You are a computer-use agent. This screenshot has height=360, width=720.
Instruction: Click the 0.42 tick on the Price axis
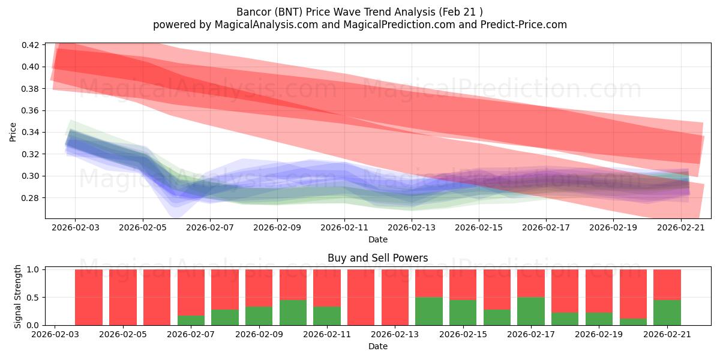click(x=30, y=45)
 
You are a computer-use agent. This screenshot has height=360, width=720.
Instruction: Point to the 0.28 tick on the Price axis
click(x=30, y=198)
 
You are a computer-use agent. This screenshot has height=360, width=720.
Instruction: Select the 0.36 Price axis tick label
click(x=30, y=110)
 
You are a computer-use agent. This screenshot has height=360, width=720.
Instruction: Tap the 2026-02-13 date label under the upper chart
click(x=412, y=227)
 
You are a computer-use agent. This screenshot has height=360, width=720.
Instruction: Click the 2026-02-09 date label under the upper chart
click(x=277, y=227)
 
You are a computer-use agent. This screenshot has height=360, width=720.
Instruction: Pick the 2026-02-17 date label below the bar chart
click(x=531, y=334)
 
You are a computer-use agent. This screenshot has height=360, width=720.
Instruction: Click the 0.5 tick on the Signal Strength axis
click(x=33, y=298)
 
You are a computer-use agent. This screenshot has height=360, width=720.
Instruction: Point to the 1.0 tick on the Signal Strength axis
click(x=33, y=269)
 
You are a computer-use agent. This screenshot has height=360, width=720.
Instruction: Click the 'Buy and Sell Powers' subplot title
click(x=377, y=258)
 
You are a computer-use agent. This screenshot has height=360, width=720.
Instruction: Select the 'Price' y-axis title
click(x=13, y=132)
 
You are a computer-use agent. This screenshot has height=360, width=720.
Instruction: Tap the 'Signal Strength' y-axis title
click(x=17, y=296)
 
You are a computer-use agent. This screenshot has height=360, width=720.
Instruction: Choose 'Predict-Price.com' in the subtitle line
click(x=524, y=25)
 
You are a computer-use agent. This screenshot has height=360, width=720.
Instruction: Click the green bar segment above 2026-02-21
click(x=667, y=313)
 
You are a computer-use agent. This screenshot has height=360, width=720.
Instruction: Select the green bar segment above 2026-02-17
click(x=531, y=311)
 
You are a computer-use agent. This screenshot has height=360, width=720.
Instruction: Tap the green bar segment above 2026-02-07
click(x=191, y=320)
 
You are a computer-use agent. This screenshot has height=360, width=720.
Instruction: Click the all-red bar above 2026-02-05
click(x=123, y=298)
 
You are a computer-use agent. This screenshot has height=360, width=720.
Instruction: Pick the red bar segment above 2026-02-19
click(x=599, y=291)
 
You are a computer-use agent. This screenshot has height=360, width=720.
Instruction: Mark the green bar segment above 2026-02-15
click(x=463, y=313)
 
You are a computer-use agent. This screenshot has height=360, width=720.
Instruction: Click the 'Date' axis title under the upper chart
click(x=377, y=239)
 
